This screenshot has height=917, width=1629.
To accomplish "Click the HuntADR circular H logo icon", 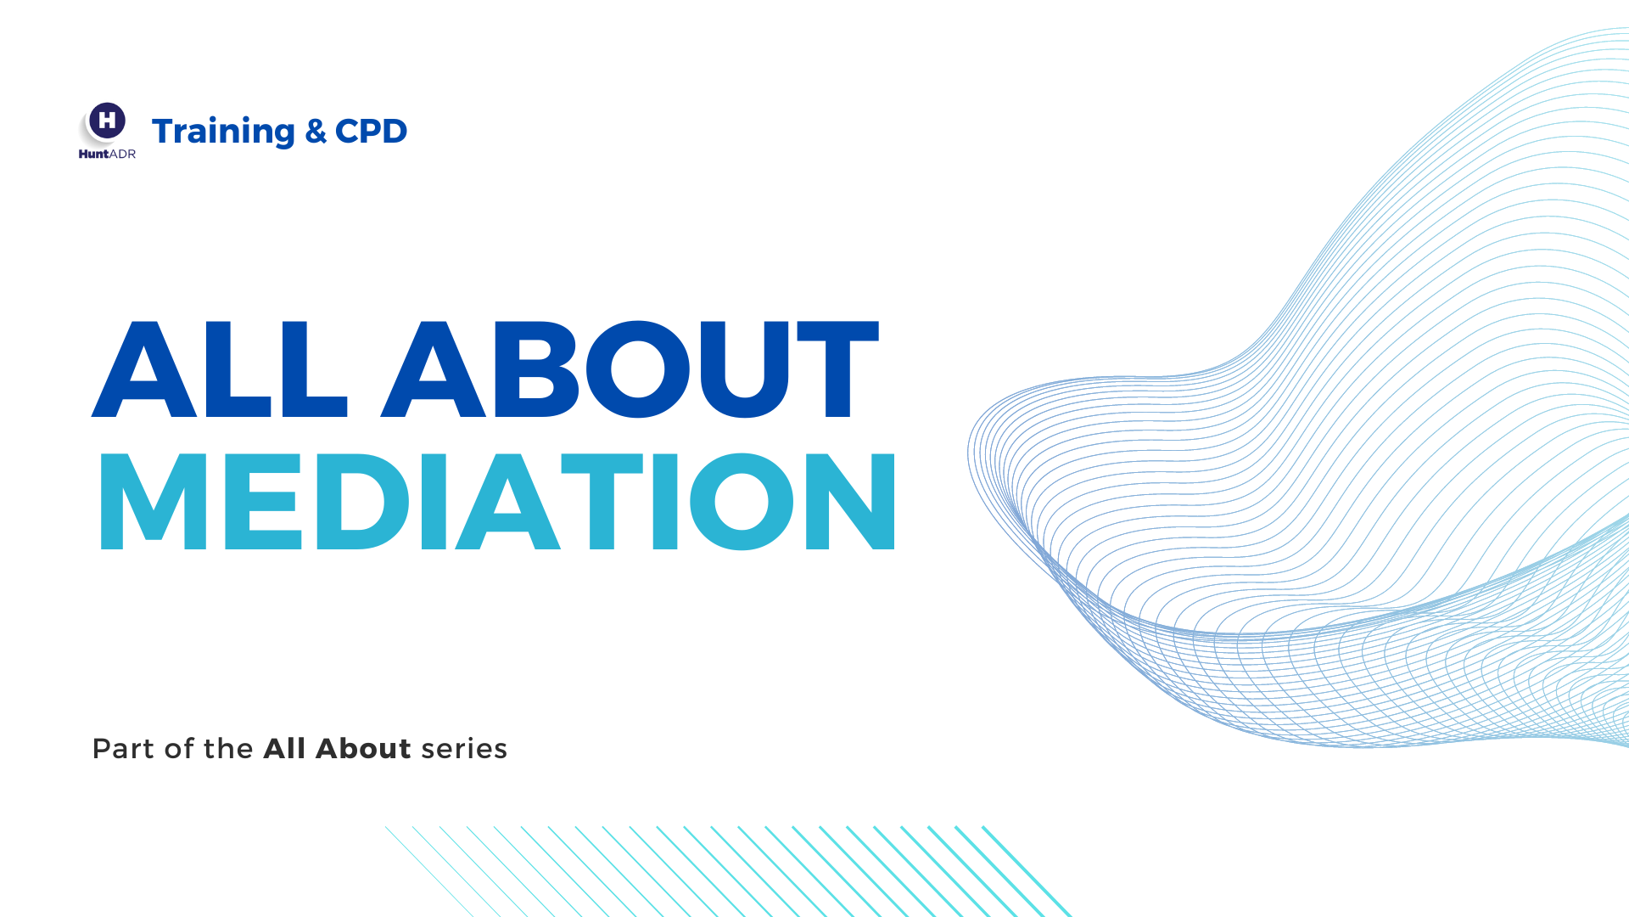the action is pyautogui.click(x=108, y=121).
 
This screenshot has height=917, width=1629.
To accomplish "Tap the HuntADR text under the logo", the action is pyautogui.click(x=107, y=154).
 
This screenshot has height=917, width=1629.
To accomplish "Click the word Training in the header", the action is pyautogui.click(x=223, y=131).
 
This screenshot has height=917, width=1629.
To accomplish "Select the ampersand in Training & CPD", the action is pyautogui.click(x=316, y=131).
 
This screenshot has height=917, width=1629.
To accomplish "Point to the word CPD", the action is pyautogui.click(x=372, y=131).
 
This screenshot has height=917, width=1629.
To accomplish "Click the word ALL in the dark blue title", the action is pyautogui.click(x=220, y=369).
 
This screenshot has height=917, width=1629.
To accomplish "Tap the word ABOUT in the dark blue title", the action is pyautogui.click(x=630, y=369).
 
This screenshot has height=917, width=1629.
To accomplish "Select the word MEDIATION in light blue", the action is pyautogui.click(x=498, y=501).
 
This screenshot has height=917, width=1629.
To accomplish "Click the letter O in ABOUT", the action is pyautogui.click(x=638, y=369).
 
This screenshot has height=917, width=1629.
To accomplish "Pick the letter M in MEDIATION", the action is pyautogui.click(x=154, y=501).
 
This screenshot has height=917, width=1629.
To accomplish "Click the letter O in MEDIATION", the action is pyautogui.click(x=742, y=501).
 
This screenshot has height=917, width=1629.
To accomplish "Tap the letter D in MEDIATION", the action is pyautogui.click(x=363, y=501).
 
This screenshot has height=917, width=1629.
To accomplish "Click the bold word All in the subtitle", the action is pyautogui.click(x=284, y=748).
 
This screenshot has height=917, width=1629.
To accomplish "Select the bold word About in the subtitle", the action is pyautogui.click(x=363, y=748).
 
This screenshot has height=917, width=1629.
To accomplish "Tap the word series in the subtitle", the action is pyautogui.click(x=464, y=750).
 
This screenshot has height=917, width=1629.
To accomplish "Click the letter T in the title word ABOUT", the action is pyautogui.click(x=837, y=369).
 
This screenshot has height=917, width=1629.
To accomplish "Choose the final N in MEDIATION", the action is pyautogui.click(x=850, y=501).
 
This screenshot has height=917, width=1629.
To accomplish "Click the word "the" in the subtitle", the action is pyautogui.click(x=228, y=749).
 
